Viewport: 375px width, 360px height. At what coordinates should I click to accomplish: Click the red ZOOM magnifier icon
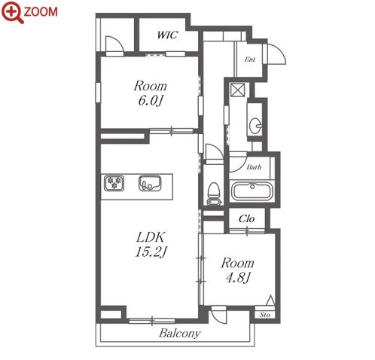[x=13, y=12]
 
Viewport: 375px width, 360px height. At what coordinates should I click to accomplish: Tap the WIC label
[x=168, y=35]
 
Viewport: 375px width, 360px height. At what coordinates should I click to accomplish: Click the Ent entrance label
[x=250, y=59]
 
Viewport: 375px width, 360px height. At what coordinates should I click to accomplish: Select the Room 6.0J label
[x=150, y=93]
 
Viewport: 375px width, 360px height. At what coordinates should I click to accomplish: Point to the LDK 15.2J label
[x=151, y=245]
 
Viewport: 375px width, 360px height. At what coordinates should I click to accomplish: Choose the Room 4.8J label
[x=237, y=270]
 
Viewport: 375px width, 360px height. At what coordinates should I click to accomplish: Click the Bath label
[x=254, y=167]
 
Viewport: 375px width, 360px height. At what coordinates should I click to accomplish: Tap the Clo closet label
[x=246, y=218]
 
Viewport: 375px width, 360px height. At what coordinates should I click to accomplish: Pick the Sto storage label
[x=265, y=315]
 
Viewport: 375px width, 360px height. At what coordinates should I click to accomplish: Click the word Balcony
[x=180, y=334]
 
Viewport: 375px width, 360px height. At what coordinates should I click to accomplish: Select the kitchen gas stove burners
[x=114, y=182]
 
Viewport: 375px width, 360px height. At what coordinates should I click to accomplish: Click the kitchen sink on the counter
[x=150, y=183]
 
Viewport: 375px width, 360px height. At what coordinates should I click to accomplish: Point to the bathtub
[x=252, y=191]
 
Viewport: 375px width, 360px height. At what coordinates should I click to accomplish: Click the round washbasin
[x=255, y=124]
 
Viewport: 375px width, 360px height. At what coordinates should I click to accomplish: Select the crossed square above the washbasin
[x=237, y=90]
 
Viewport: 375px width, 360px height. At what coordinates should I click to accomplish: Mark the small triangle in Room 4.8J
[x=270, y=301]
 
